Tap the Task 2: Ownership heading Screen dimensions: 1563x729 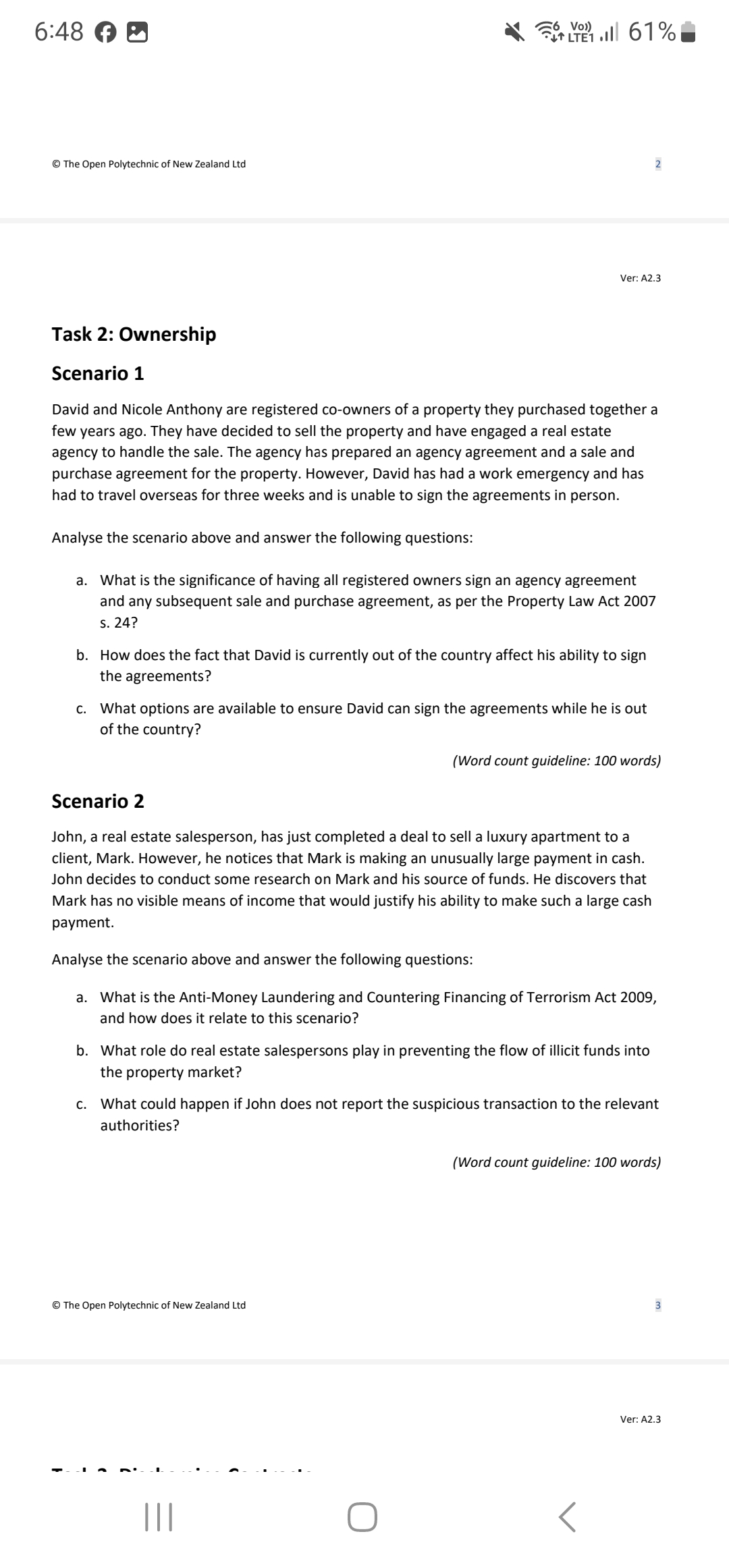coord(134,334)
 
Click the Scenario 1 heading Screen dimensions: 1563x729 coord(98,373)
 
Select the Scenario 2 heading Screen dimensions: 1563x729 coord(98,801)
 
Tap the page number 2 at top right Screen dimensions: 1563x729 coord(658,164)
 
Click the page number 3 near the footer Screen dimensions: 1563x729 coord(658,1305)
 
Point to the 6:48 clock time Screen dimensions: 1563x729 coord(59,31)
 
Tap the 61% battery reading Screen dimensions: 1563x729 coord(652,31)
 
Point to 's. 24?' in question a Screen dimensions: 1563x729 coord(119,623)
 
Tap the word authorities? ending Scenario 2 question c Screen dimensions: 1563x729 coord(140,1125)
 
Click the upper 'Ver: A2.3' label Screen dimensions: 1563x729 coord(640,278)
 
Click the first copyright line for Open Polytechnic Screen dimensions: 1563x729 coord(148,164)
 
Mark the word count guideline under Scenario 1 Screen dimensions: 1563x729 coord(556,761)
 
